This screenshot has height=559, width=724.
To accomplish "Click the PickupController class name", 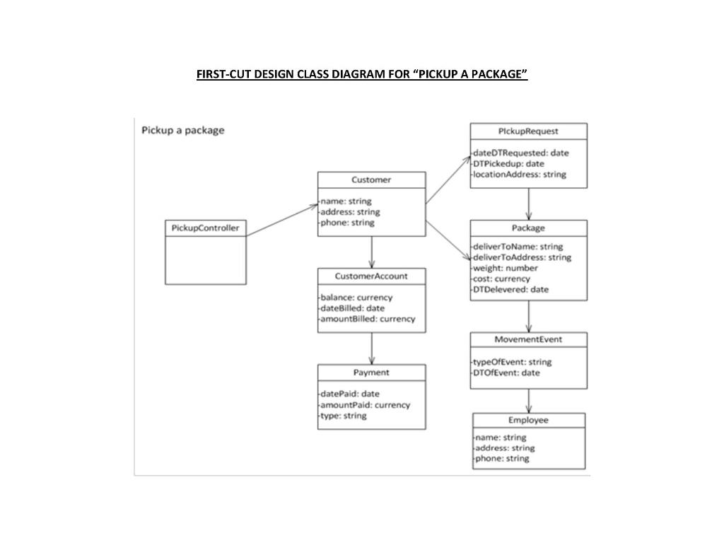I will point(205,228).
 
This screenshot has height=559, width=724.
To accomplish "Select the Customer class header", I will point(371,180).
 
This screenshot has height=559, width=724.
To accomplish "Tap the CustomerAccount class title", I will point(371,276).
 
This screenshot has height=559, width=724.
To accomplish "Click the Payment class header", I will point(371,372).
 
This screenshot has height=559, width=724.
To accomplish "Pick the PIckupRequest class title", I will point(528,131).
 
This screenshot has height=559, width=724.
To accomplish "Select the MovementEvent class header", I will point(528,340).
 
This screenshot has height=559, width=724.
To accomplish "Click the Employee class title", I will point(528,420).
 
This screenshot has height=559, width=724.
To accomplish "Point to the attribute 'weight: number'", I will point(506,269).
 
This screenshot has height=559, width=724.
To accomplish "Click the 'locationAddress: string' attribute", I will point(520,175).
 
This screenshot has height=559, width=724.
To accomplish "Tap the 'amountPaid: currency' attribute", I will point(365,405).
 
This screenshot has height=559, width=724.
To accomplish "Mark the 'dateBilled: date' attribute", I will point(353,308).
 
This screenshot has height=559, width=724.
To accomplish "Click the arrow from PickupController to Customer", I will point(282,220).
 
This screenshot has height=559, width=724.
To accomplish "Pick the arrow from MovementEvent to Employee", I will point(528,401).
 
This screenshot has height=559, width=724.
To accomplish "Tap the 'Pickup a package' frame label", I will point(183,130).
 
